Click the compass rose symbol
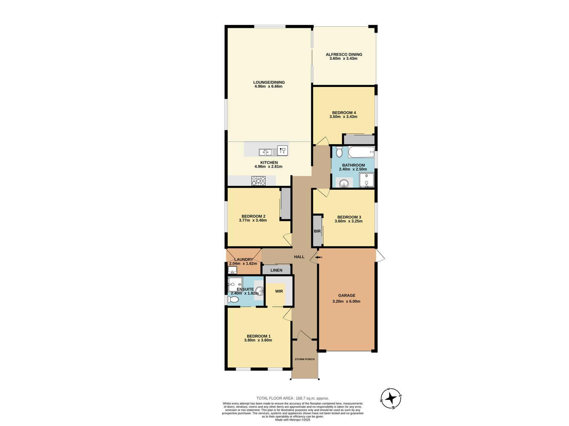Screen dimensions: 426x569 391,399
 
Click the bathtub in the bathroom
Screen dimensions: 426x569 361,152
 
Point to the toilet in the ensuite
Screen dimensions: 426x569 233,300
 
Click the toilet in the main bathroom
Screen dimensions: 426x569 339,152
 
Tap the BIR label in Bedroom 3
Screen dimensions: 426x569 317,231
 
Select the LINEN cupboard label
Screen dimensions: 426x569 276,270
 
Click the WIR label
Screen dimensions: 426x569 279,291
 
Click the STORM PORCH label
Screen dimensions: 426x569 304,359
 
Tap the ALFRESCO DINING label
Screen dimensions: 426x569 344,54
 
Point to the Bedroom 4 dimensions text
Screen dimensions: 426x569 343,117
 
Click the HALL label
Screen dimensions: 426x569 299,257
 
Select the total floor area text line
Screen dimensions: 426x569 293,398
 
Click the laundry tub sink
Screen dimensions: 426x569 232,270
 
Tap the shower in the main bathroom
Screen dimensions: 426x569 366,180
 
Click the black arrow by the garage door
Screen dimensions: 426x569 318,257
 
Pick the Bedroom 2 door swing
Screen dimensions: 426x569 287,239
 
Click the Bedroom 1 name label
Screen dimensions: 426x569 259,336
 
